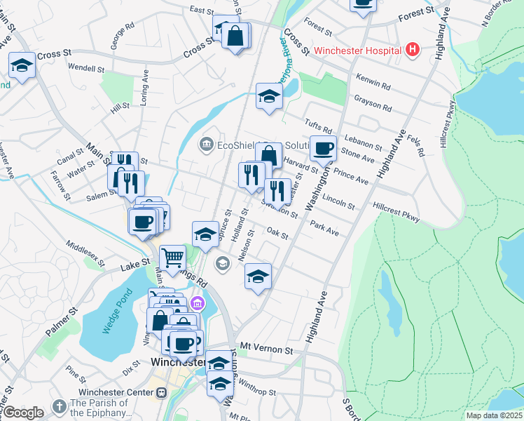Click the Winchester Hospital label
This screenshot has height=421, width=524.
[357, 51]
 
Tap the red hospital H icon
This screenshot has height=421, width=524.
[412, 50]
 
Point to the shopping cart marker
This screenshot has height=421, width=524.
[172, 257]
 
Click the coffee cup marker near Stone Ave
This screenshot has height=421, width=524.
[323, 149]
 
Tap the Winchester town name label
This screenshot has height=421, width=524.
[178, 363]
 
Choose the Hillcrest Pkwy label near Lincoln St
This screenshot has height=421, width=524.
[397, 213]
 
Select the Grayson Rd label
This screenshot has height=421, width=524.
[373, 105]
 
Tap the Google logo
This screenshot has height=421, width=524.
[22, 412]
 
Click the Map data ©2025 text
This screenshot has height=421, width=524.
[495, 415]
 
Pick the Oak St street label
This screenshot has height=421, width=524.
[277, 233]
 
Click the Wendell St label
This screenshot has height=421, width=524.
[86, 69]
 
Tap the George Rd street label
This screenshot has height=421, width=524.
[122, 36]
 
